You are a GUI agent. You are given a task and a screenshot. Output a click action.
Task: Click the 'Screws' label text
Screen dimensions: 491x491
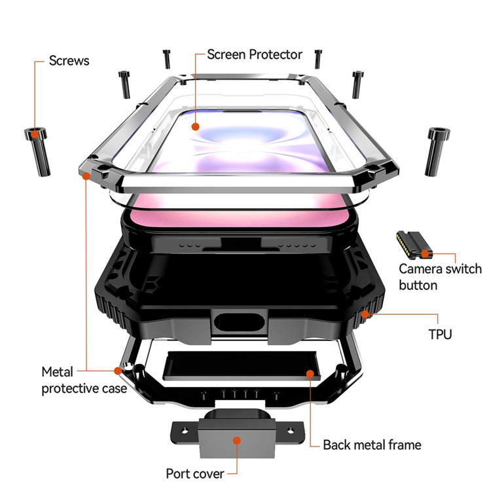click(x=69, y=61)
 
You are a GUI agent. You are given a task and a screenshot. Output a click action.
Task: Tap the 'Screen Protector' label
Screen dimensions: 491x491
click(x=255, y=54)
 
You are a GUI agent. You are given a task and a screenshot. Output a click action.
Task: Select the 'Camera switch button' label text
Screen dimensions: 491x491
click(x=440, y=277)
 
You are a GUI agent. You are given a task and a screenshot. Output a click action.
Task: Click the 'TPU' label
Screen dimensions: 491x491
click(x=440, y=335)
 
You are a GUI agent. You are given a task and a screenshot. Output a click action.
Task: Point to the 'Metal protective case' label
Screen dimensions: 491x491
click(x=84, y=380)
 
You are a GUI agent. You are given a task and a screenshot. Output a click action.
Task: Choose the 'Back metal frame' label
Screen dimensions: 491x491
click(x=372, y=445)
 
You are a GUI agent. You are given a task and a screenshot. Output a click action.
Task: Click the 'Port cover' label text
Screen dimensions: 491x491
click(x=194, y=473)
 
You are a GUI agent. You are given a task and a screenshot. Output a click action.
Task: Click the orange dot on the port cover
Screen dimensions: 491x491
click(x=238, y=440)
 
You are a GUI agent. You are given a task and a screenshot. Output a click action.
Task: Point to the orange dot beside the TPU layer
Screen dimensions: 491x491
click(x=364, y=315)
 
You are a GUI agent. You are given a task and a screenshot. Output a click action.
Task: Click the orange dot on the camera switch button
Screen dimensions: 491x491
click(x=425, y=253)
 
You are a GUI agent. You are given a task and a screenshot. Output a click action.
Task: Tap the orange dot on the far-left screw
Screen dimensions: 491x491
click(x=35, y=135)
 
